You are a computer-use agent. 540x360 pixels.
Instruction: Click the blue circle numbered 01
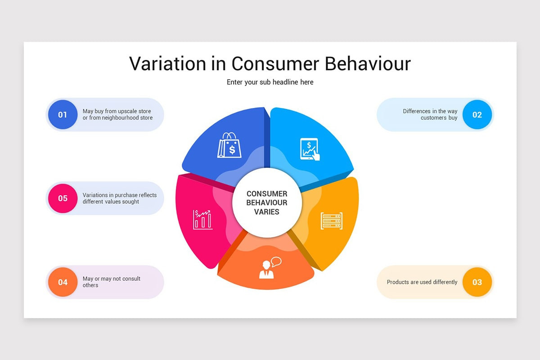coord(63,115)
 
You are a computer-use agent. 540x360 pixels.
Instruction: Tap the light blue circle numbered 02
coord(477,115)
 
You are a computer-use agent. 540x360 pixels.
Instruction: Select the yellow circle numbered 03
coord(477,282)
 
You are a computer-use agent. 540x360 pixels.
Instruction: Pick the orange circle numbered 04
coord(63,282)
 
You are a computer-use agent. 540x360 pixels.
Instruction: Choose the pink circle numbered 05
coord(63,198)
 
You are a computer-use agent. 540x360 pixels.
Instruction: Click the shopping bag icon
coord(229,145)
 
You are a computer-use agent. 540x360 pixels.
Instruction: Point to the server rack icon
coord(332,221)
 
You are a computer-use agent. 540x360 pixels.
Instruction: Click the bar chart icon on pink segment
coord(203,219)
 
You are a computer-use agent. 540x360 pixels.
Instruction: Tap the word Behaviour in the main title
coord(368,63)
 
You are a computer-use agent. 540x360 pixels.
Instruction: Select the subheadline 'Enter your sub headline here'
coord(270,82)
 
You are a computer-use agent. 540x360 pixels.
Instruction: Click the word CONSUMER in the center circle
coord(267,194)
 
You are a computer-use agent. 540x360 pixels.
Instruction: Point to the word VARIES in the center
coord(267,212)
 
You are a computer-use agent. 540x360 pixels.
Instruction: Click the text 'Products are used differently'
coord(422,282)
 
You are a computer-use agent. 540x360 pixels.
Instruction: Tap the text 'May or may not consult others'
coord(112,282)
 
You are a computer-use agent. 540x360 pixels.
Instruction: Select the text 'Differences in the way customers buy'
coord(430,115)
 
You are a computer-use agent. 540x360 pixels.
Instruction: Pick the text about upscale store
coord(117,115)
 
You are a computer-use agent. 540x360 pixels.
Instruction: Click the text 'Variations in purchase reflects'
coord(120,195)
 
